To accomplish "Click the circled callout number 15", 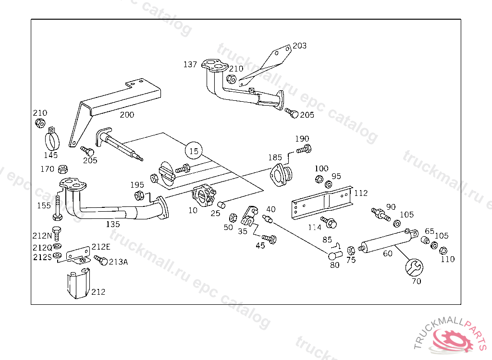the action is pyautogui.click(x=194, y=151).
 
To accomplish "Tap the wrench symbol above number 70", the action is pyautogui.click(x=414, y=267).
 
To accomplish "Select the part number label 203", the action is pyautogui.click(x=299, y=46).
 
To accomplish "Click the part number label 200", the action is pyautogui.click(x=127, y=115).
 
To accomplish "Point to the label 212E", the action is pyautogui.click(x=101, y=247).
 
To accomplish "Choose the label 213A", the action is pyautogui.click(x=118, y=262).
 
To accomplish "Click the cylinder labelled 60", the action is pyautogui.click(x=388, y=241).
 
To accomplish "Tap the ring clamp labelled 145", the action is pyautogui.click(x=52, y=139).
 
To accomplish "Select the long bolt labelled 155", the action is pyautogui.click(x=58, y=207).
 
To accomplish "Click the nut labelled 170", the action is pyautogui.click(x=63, y=169).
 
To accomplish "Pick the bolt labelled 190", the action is pyautogui.click(x=304, y=149).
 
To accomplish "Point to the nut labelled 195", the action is pyautogui.click(x=139, y=195).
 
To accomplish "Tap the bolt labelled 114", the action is pyautogui.click(x=329, y=222).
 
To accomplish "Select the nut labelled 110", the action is pyautogui.click(x=443, y=251).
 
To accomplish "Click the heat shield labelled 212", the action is pyautogui.click(x=78, y=284).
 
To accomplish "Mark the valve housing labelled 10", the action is pyautogui.click(x=204, y=196).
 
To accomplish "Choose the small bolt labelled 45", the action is pyautogui.click(x=269, y=239).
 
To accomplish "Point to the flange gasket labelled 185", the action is pyautogui.click(x=281, y=174).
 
